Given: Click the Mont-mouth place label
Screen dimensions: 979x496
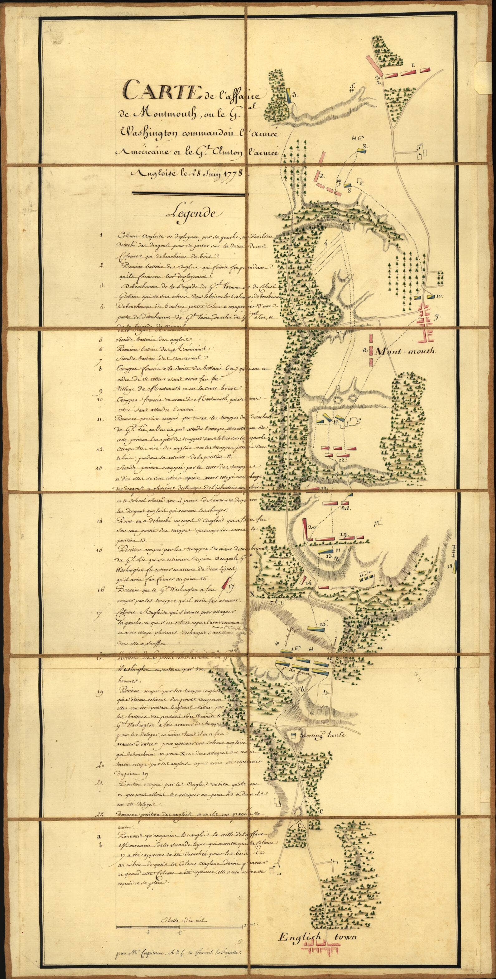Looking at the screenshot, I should (x=404, y=351).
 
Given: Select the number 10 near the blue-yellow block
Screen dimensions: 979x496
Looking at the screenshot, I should (x=438, y=296).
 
